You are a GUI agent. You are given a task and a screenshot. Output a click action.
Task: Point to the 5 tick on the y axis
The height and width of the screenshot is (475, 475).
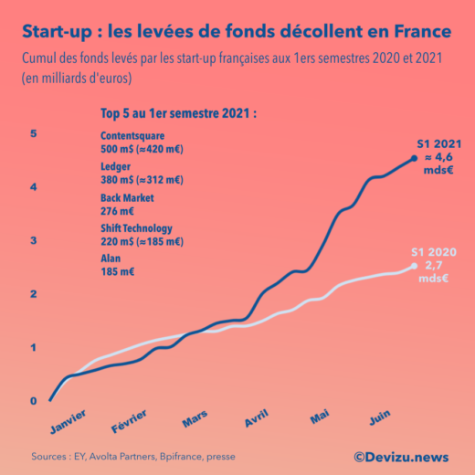tap(34, 134)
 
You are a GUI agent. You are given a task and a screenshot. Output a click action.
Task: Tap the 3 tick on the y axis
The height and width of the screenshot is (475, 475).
tap(34, 240)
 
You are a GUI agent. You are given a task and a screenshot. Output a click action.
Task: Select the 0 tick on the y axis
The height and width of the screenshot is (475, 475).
tap(34, 401)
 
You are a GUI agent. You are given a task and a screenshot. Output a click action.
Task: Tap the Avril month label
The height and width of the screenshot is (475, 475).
tap(261, 420)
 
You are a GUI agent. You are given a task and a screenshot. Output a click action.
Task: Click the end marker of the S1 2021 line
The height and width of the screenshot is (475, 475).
tap(415, 158)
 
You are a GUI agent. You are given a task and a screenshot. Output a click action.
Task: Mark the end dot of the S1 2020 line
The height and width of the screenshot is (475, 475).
tap(414, 267)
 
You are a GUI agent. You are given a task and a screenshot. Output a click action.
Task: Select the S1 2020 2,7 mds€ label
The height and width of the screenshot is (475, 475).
tap(433, 265)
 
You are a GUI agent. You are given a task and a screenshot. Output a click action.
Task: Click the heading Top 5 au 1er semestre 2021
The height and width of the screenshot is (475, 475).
tap(178, 114)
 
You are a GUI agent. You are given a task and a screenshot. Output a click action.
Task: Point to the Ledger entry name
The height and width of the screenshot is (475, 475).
tap(116, 166)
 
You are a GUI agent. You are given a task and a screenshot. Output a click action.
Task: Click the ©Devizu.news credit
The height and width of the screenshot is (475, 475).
tap(402, 455)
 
